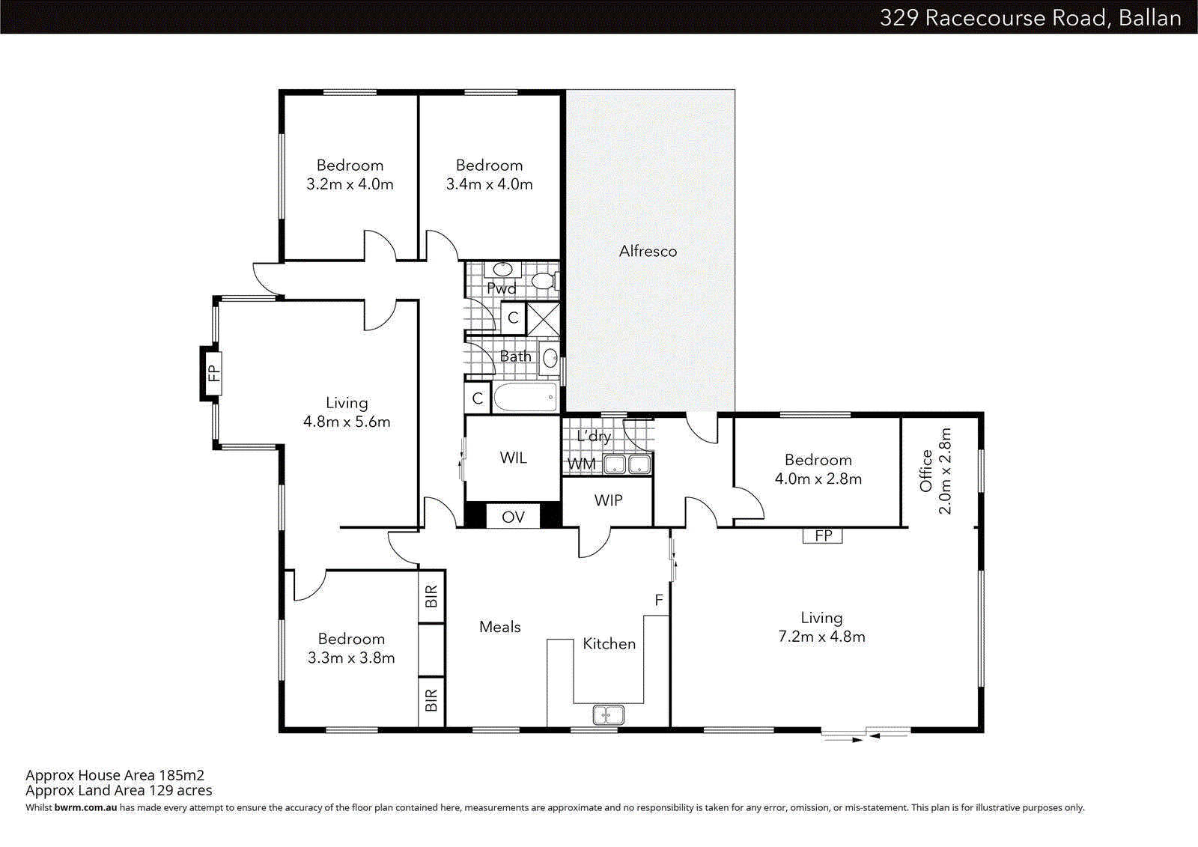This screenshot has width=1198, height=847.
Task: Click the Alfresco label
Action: click(648, 252)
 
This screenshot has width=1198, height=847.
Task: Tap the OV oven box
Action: click(513, 517)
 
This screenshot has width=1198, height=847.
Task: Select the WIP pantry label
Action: click(608, 500)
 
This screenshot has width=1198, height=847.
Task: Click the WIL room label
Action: click(513, 458)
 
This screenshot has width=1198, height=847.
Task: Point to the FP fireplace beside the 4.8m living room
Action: click(213, 373)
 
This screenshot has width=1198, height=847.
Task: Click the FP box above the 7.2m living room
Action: click(823, 535)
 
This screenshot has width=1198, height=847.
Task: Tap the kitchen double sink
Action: click(608, 714)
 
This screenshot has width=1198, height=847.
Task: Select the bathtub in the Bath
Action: click(526, 398)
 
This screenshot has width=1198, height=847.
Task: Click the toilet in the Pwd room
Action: click(543, 282)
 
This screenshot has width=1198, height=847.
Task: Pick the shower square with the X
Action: click(543, 319)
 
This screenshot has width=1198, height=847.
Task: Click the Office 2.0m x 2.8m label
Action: click(936, 472)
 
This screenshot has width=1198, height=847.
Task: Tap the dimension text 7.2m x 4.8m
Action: click(821, 637)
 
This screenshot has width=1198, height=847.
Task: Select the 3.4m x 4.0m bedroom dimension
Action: click(489, 184)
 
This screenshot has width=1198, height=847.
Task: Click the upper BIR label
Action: click(431, 597)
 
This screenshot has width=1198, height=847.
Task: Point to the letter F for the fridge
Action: click(659, 600)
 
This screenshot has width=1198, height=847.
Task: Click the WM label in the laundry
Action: click(582, 464)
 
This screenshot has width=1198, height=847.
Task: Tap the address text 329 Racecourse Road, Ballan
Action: click(1030, 17)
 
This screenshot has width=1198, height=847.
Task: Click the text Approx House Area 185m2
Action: click(115, 775)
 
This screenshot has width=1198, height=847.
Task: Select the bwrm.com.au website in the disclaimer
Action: click(85, 807)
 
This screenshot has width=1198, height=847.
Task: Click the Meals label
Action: click(499, 627)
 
